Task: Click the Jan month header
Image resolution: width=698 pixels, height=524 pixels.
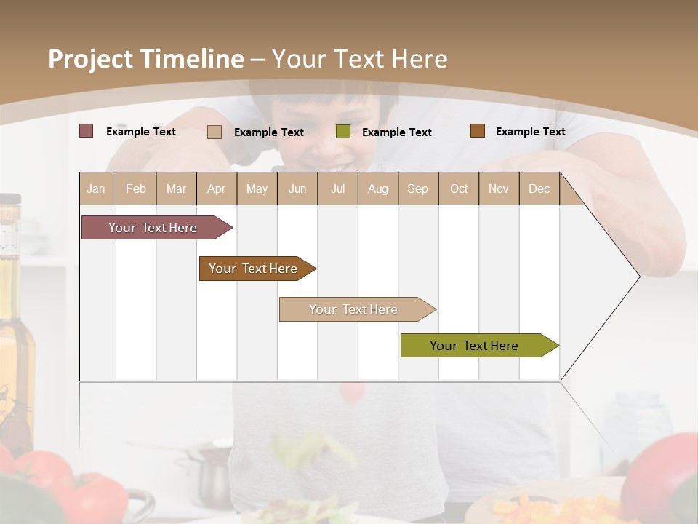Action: (x=96, y=188)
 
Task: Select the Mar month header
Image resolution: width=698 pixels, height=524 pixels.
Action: (x=176, y=188)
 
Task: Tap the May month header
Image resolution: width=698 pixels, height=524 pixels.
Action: (x=257, y=188)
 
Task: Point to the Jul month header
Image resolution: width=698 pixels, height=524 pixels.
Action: (x=337, y=188)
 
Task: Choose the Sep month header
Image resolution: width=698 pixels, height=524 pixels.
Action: (x=417, y=188)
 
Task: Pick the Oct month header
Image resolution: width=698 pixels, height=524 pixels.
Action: (x=459, y=188)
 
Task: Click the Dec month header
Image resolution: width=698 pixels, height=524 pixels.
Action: (x=539, y=188)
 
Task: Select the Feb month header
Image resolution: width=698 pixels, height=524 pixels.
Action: (x=136, y=188)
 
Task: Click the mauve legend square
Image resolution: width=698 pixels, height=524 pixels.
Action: (x=86, y=131)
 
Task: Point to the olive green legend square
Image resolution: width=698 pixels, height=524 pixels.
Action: (x=343, y=132)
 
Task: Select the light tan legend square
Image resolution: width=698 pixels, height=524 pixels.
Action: (x=214, y=132)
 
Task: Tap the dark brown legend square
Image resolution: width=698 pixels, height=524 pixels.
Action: (x=477, y=131)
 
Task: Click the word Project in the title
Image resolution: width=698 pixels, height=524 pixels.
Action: (x=91, y=59)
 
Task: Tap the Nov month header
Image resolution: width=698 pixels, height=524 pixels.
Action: (x=499, y=188)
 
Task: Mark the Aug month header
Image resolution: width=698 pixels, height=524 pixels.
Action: (x=377, y=188)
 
